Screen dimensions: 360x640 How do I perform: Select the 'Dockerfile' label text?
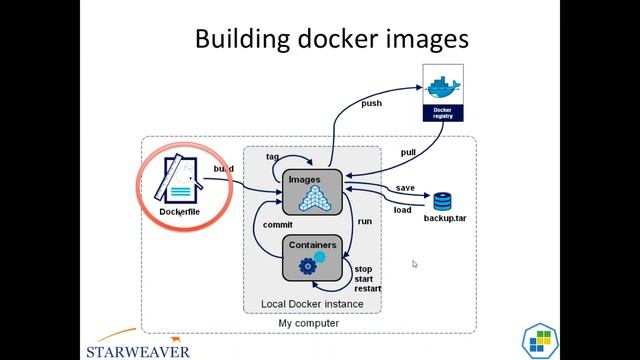click(181, 211)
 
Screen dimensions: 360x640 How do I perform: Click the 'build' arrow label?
click(224, 169)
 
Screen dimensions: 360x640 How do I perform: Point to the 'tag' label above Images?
click(272, 157)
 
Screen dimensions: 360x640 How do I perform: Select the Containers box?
click(312, 258)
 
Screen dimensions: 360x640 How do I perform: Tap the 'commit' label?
click(278, 225)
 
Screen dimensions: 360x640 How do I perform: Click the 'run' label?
click(365, 220)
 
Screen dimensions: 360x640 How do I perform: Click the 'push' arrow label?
click(371, 103)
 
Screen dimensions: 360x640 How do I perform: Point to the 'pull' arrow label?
click(408, 152)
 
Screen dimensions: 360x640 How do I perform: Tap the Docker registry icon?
click(442, 94)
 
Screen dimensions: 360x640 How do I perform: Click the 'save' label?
click(405, 188)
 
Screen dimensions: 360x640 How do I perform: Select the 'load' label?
click(402, 210)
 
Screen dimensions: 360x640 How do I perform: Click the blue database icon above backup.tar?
click(443, 200)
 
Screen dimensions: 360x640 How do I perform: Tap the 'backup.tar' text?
click(446, 217)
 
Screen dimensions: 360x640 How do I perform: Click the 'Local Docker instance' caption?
click(312, 303)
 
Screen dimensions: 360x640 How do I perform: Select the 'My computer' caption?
click(308, 323)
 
